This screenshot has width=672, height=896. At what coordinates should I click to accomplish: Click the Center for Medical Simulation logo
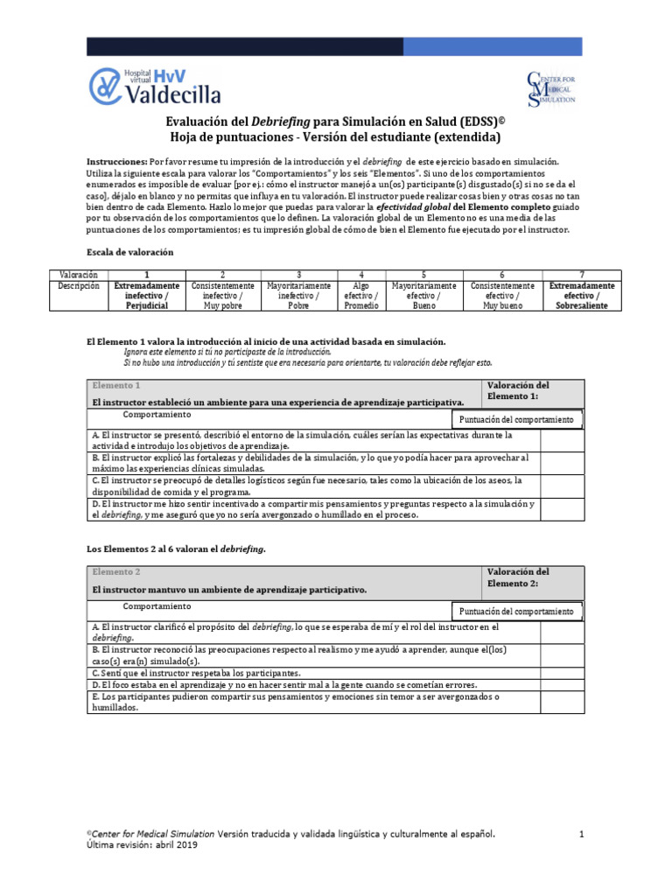click(x=549, y=88)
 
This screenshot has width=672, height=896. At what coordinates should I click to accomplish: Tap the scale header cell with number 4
click(x=360, y=275)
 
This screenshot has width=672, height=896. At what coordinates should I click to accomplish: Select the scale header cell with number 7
click(x=581, y=275)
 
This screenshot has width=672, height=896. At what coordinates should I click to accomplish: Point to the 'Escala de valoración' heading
click(x=129, y=252)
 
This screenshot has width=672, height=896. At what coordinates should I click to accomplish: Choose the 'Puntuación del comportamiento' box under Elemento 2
click(x=516, y=612)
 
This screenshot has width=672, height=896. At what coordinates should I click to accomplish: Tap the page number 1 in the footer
click(x=581, y=835)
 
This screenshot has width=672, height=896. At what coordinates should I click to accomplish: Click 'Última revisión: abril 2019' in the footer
click(x=141, y=846)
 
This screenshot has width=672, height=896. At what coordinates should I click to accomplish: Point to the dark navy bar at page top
click(x=335, y=46)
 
